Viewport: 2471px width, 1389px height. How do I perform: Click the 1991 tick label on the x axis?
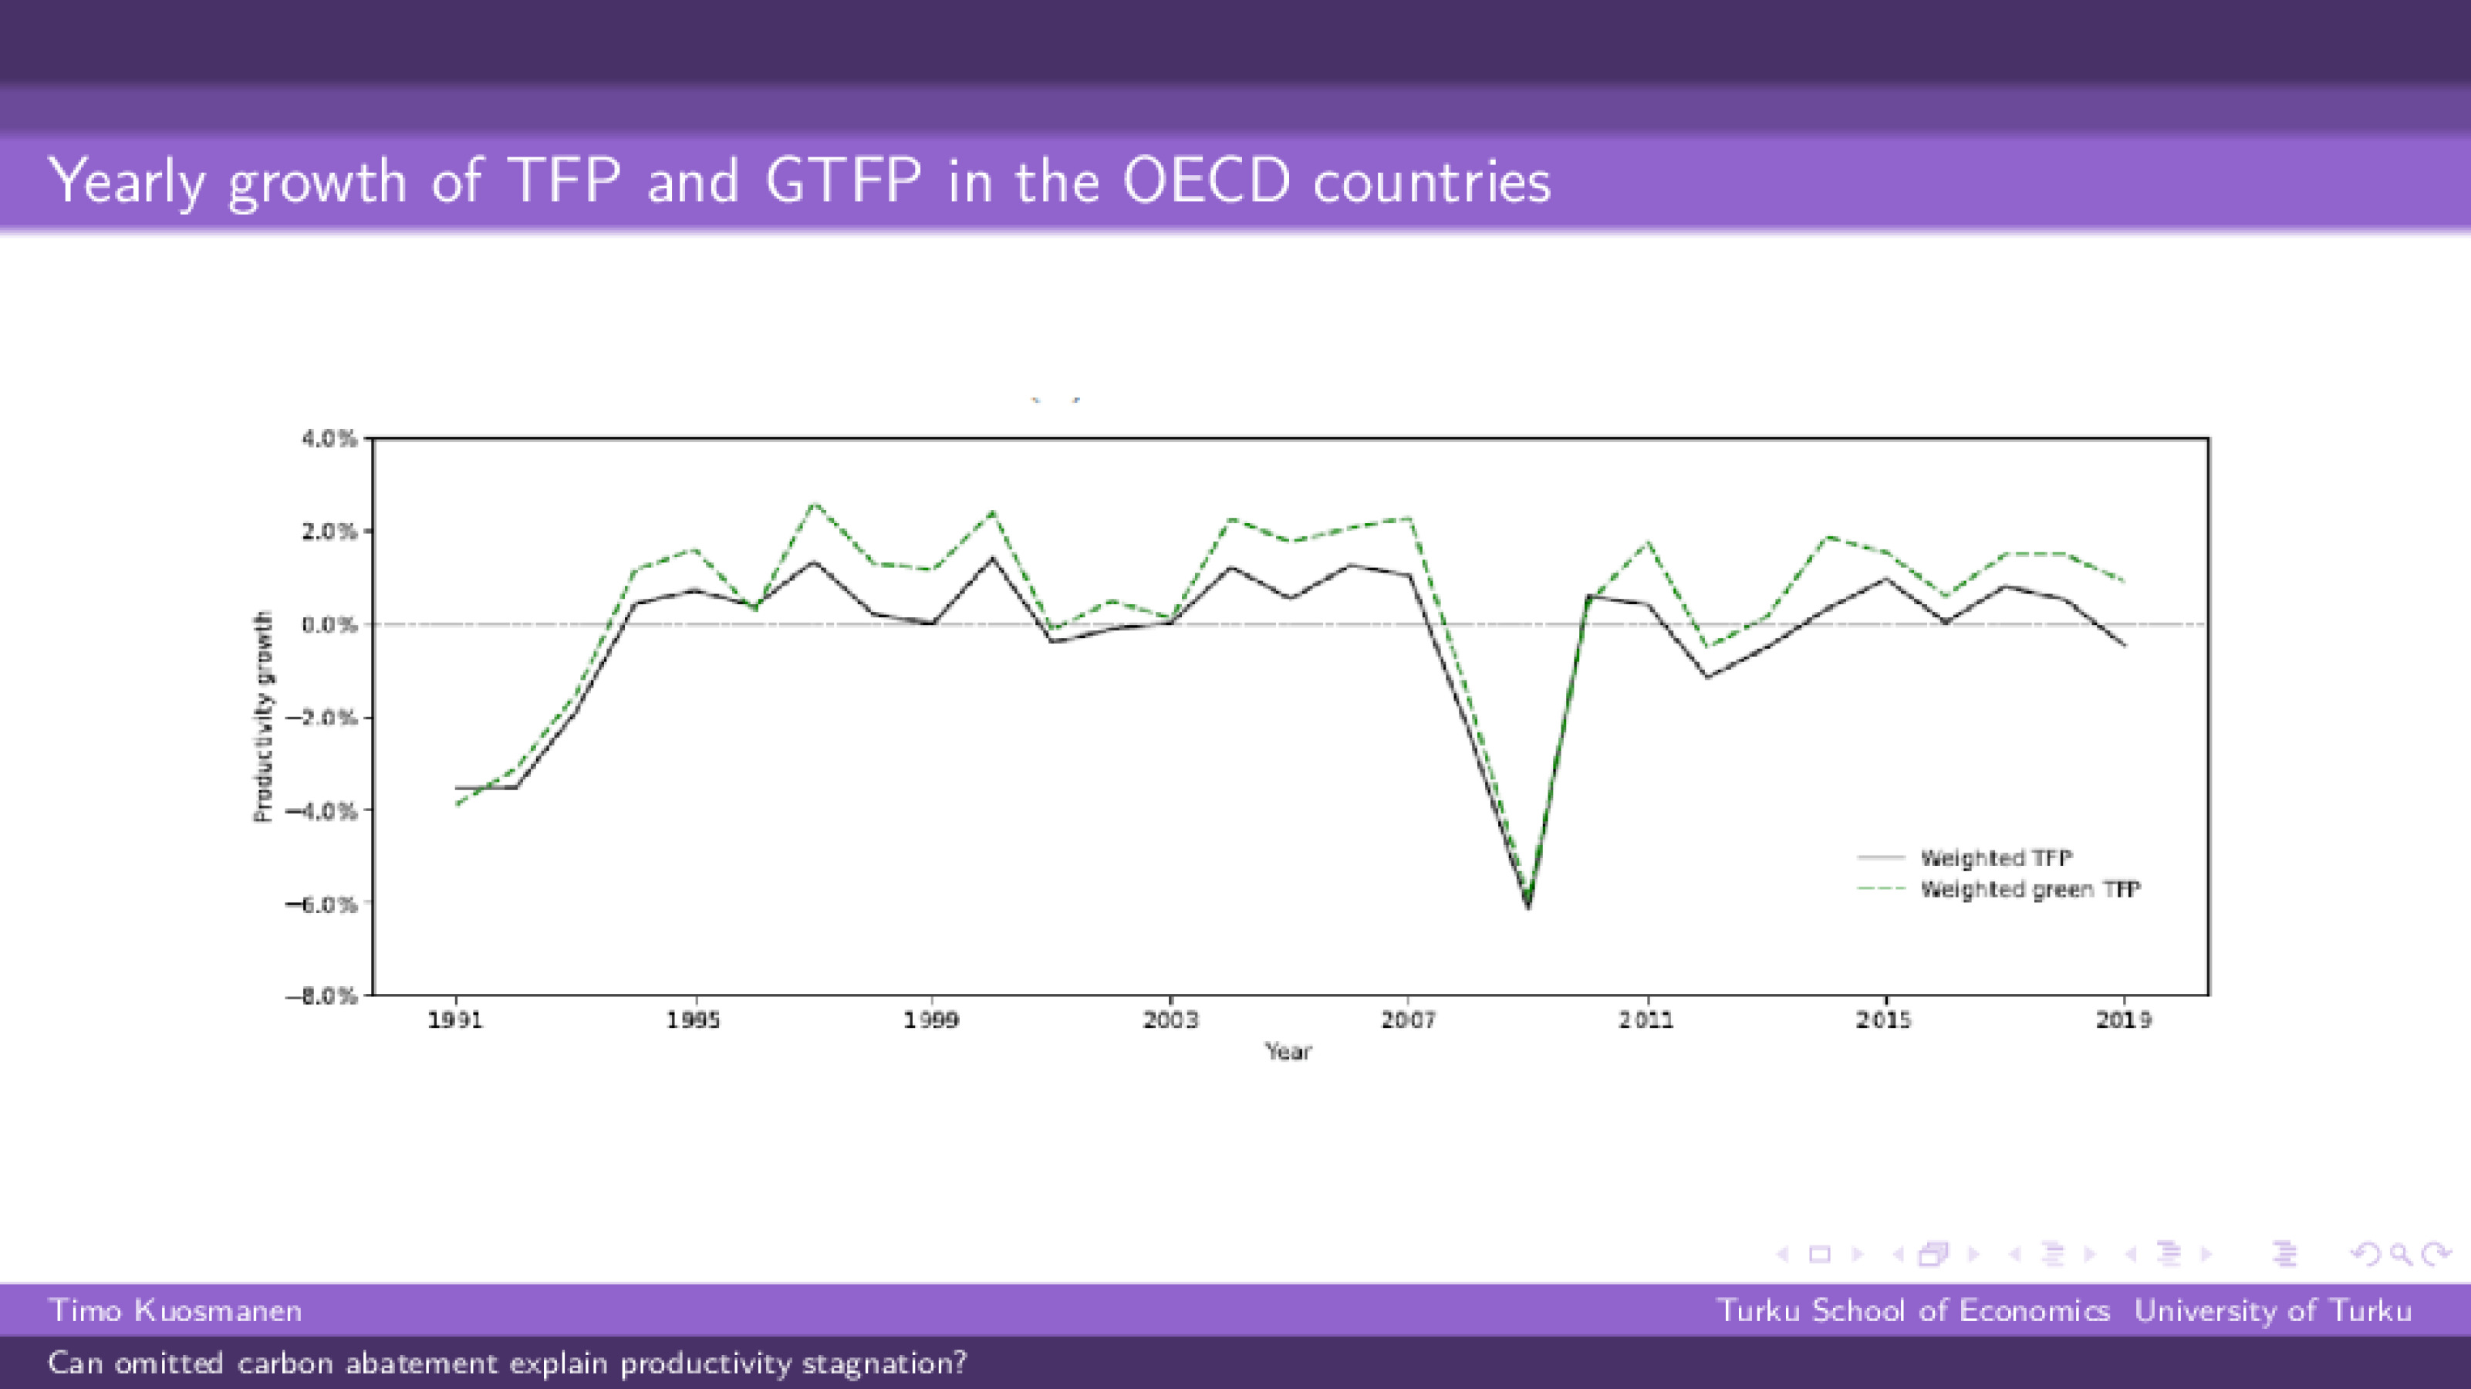[454, 1019]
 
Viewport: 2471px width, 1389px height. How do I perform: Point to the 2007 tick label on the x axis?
[1408, 1019]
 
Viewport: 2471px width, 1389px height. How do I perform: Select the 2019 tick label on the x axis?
[2124, 1019]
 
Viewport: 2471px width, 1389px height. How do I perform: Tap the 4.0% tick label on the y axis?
[329, 438]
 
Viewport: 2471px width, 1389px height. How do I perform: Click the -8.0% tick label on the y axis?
[322, 995]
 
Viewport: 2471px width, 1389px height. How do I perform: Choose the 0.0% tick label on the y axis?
[329, 624]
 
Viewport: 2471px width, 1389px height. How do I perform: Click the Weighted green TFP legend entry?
[2030, 889]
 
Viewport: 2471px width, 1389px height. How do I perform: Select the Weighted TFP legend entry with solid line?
[1995, 857]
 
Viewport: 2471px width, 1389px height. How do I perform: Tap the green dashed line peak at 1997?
[813, 504]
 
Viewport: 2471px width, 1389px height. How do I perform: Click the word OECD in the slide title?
[1206, 181]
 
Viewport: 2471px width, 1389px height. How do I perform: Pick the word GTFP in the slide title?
[843, 181]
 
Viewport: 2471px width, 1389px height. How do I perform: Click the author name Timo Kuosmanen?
[176, 1310]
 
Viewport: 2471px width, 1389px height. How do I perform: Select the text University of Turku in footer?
[2273, 1310]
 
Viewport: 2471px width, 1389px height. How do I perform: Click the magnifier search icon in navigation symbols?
[2401, 1254]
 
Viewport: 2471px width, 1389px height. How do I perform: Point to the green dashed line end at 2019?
[2124, 580]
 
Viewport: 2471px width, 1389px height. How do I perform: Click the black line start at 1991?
[457, 788]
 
